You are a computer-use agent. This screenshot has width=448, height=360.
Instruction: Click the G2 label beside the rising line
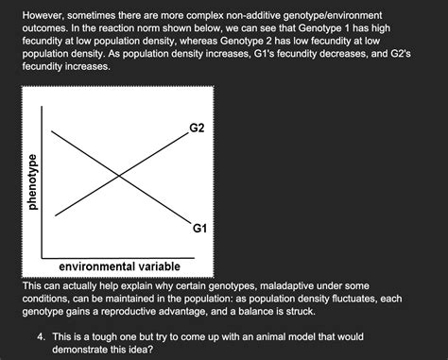[x=196, y=126]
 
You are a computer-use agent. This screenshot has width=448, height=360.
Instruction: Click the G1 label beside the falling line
[x=198, y=229]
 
